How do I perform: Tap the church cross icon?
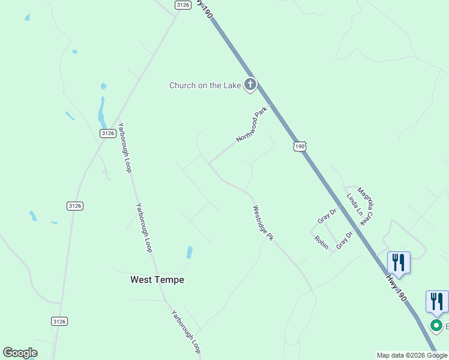click(250, 85)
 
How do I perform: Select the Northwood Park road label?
click(251, 125)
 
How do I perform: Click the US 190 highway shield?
click(300, 146)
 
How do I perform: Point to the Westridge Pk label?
click(262, 223)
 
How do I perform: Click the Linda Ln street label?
click(354, 205)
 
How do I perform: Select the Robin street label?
click(321, 243)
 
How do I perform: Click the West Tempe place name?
click(157, 280)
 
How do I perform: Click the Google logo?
click(20, 353)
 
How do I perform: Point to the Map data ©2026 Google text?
click(412, 355)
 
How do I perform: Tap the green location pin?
click(437, 326)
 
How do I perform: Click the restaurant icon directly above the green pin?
click(437, 301)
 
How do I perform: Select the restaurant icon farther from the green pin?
click(399, 262)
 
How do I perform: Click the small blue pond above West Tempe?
click(190, 252)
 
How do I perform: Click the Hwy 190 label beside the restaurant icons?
click(396, 287)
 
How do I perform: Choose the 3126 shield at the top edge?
click(183, 5)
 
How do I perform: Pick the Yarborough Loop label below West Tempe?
click(185, 331)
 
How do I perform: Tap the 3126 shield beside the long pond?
click(107, 133)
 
